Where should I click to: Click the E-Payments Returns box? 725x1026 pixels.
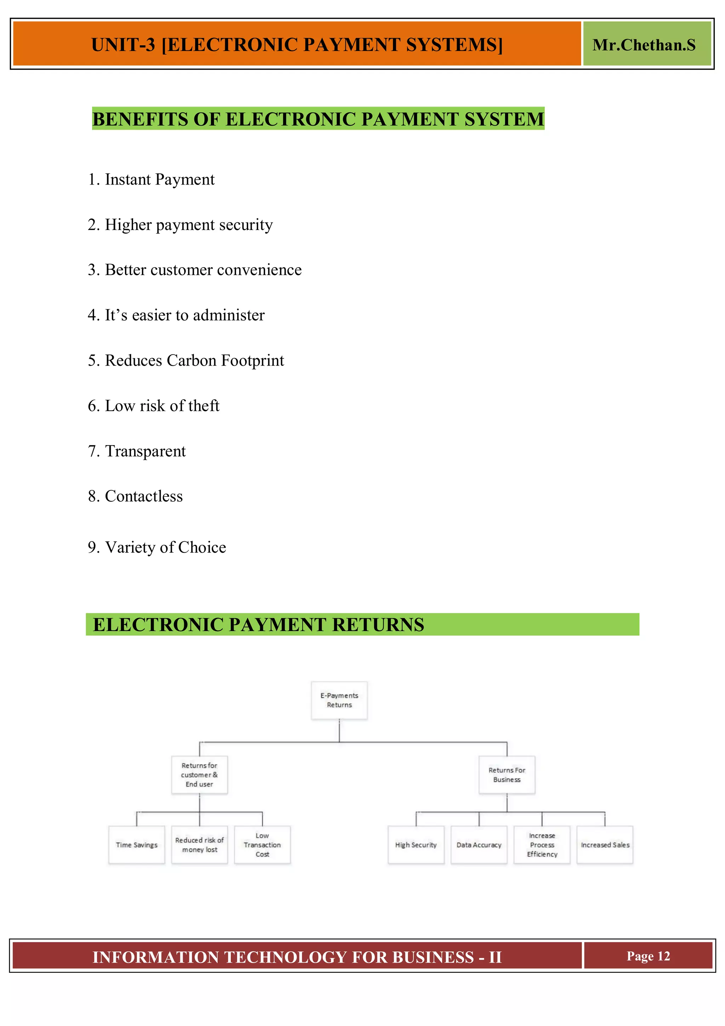pos(339,700)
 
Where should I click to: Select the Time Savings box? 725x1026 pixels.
pos(137,845)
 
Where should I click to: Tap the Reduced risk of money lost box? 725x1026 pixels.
pos(200,845)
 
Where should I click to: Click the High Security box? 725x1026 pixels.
pos(416,845)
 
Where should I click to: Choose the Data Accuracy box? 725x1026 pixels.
pos(479,845)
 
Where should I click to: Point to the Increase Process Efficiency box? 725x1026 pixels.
pos(542,845)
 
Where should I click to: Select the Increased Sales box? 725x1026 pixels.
pos(605,845)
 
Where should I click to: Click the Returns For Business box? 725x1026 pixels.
pos(507,774)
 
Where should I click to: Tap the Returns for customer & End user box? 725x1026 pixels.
pos(200,774)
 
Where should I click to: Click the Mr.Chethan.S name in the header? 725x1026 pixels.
pos(644,45)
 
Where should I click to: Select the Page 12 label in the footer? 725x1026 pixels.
pos(648,956)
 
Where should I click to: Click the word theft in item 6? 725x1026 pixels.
pos(204,406)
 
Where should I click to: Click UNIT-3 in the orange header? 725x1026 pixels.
pos(123,45)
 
